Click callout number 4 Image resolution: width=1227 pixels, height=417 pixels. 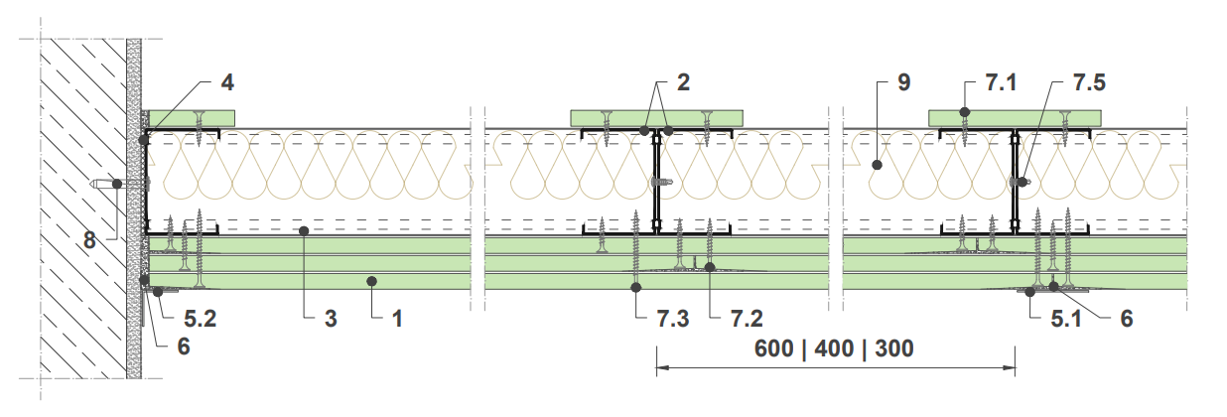click(x=227, y=82)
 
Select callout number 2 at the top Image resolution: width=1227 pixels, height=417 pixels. click(x=684, y=82)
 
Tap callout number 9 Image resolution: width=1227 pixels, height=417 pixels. click(x=903, y=82)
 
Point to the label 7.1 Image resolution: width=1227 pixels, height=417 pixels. click(x=1001, y=82)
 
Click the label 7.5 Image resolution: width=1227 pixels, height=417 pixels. click(x=1090, y=82)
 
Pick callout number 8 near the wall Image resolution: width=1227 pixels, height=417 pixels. click(x=89, y=240)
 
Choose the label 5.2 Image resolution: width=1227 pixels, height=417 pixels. click(x=200, y=319)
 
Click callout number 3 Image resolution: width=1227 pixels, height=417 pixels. click(x=331, y=319)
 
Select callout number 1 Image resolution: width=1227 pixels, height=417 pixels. click(x=398, y=319)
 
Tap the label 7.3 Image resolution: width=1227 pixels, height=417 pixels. click(x=673, y=319)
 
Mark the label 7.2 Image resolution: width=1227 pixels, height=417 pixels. click(x=747, y=319)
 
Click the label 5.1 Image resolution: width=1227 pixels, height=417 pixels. click(x=1066, y=319)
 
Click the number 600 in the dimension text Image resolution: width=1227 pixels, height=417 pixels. click(x=774, y=348)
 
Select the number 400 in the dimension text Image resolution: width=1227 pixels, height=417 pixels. click(x=834, y=348)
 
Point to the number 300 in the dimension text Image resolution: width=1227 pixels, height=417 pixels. click(x=894, y=348)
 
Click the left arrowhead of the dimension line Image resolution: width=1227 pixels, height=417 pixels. click(x=663, y=367)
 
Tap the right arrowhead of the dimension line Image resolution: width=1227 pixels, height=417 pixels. click(x=1009, y=367)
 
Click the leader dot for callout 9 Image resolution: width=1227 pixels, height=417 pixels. click(x=877, y=165)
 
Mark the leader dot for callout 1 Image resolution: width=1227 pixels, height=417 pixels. click(x=371, y=282)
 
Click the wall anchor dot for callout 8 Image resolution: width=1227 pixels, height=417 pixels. click(x=117, y=184)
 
